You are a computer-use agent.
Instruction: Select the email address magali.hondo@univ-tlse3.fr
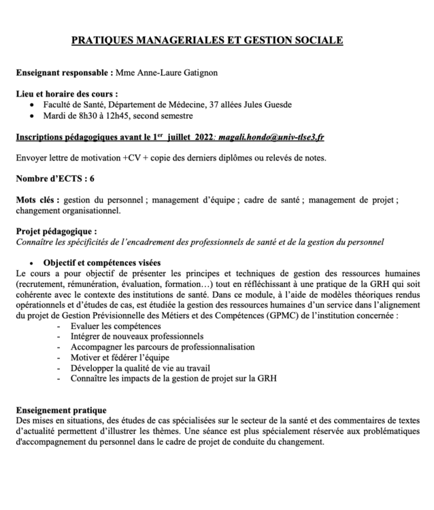(x=271, y=137)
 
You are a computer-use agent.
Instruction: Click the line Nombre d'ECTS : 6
(x=55, y=180)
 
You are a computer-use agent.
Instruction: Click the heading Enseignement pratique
(x=61, y=410)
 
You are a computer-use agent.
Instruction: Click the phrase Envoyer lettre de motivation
(x=67, y=158)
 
